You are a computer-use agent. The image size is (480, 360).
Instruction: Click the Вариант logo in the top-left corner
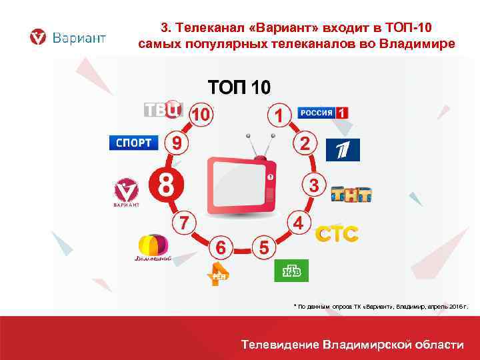67,37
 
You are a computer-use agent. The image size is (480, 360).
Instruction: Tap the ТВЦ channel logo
163,109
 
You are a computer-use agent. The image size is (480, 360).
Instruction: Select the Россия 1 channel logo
323,113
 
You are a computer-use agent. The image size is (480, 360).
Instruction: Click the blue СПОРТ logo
134,143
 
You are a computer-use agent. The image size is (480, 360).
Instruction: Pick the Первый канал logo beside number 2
343,150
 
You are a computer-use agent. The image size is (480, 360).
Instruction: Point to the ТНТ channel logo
351,193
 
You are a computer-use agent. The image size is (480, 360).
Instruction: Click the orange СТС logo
337,234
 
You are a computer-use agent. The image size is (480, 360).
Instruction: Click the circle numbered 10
201,115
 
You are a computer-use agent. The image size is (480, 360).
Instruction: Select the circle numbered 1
281,115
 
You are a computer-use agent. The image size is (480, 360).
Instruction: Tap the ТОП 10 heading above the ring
239,88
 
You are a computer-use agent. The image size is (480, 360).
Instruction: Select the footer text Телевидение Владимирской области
352,344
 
